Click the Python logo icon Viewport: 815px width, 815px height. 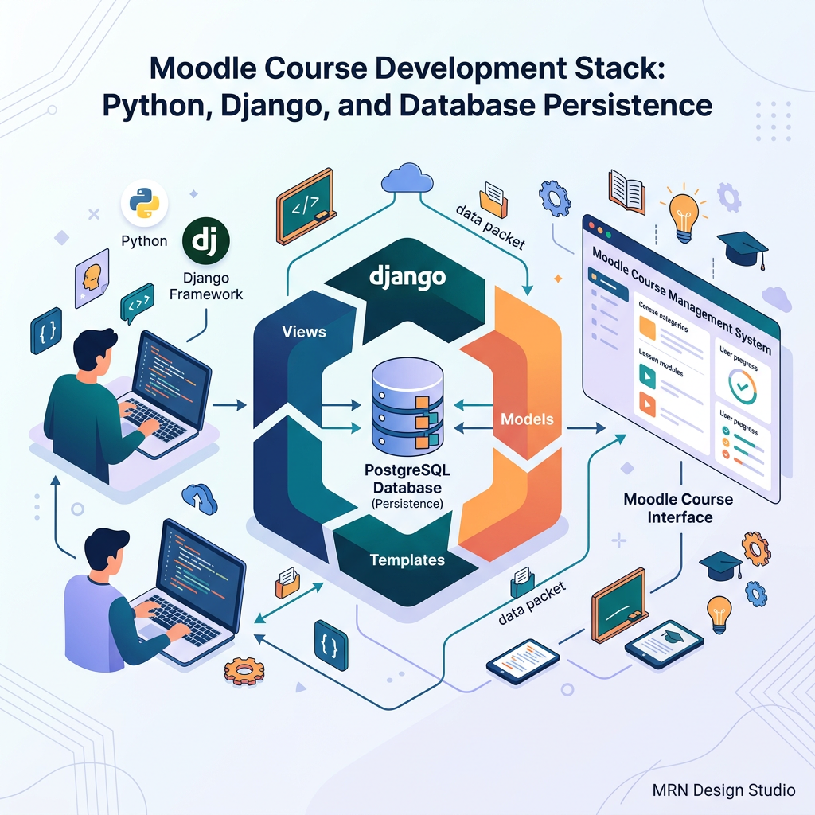point(144,203)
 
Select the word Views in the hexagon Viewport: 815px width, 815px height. point(303,331)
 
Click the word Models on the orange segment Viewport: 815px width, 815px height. point(528,419)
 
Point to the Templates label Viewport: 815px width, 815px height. point(407,560)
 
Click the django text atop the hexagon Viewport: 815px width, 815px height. point(407,278)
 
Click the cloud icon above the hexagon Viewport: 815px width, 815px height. point(406,179)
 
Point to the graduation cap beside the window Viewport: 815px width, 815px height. point(742,248)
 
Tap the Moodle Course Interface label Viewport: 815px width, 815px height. point(678,509)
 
